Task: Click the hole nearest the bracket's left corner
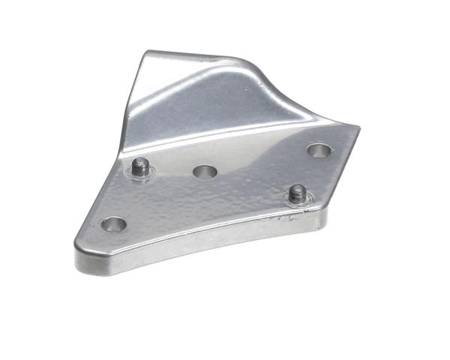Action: (113, 223)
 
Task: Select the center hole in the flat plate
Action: (205, 172)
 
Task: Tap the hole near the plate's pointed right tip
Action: (319, 150)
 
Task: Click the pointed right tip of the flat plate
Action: (358, 128)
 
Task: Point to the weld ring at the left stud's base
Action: (139, 176)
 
